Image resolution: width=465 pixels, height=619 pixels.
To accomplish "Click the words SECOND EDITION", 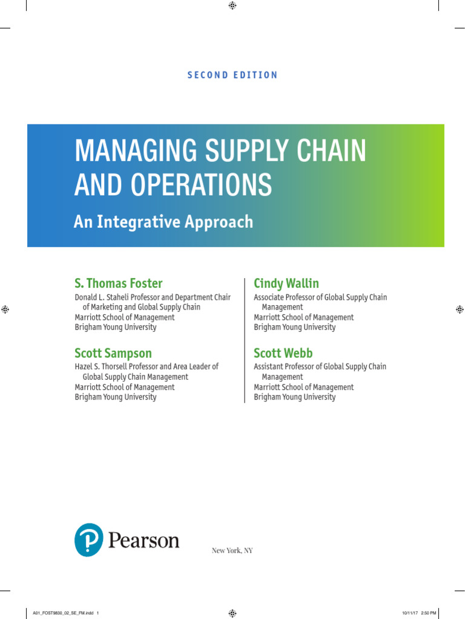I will (232, 75).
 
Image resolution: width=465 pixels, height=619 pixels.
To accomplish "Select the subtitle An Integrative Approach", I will (163, 222).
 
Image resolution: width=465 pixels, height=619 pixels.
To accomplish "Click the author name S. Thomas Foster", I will (119, 284).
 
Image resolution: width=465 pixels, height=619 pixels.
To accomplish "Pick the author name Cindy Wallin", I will (286, 284).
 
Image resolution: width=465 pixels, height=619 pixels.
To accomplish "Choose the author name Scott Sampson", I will (113, 353).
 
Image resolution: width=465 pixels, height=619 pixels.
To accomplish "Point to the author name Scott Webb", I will (283, 353).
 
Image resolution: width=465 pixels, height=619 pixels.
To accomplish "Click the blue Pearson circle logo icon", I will (89, 540).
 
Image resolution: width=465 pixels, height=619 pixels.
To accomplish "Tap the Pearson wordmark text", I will (143, 540).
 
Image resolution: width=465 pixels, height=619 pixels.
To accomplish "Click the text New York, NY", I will (232, 550).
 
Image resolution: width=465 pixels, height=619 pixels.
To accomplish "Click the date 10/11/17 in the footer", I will (409, 612).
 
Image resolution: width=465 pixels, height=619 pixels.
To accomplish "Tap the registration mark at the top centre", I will (232, 5).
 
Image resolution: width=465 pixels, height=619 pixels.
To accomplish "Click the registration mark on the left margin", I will (5, 309).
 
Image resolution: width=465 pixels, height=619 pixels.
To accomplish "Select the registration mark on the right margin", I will (460, 309).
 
